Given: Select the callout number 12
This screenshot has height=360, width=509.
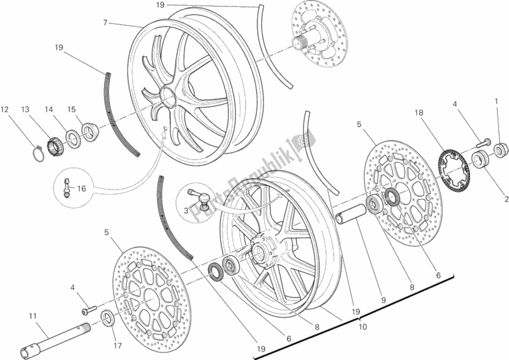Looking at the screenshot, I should pyautogui.click(x=4, y=110).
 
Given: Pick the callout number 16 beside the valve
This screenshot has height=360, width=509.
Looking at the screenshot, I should pyautogui.click(x=80, y=190).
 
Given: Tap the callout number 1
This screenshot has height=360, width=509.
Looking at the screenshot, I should pyautogui.click(x=496, y=101).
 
